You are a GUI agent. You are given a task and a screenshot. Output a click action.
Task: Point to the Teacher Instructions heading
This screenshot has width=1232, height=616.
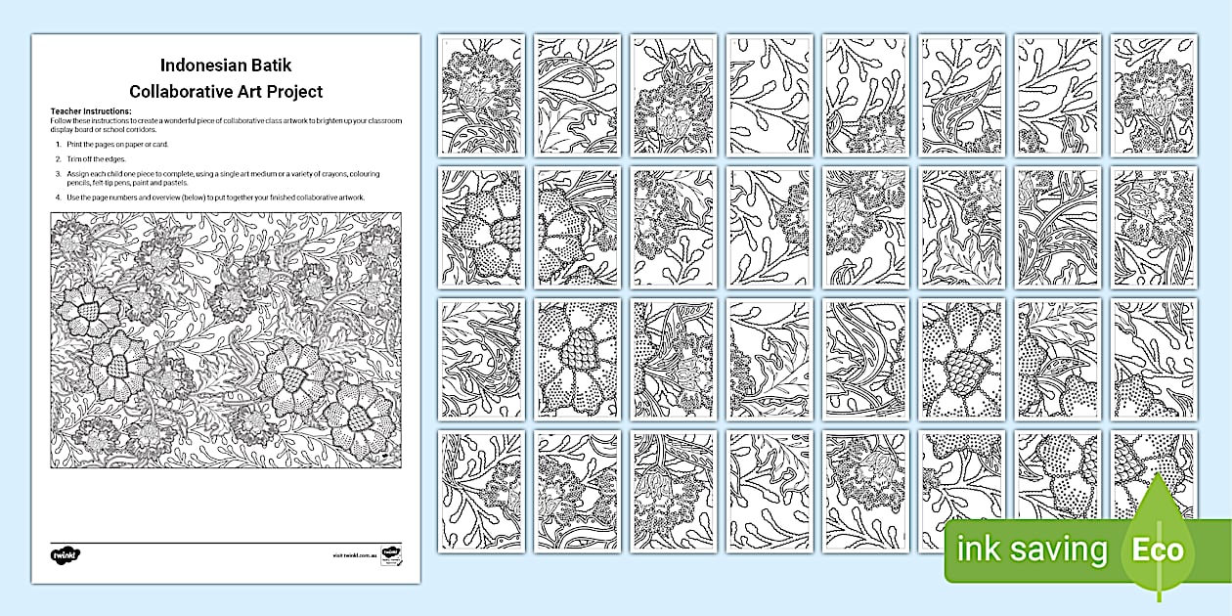[x=91, y=111]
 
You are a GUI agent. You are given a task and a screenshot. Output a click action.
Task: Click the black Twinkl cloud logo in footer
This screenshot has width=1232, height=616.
[x=66, y=554]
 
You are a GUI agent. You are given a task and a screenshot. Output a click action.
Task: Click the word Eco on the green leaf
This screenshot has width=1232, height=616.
[x=1159, y=550]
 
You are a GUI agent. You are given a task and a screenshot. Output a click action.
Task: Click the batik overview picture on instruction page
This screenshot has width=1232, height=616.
[x=226, y=340]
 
